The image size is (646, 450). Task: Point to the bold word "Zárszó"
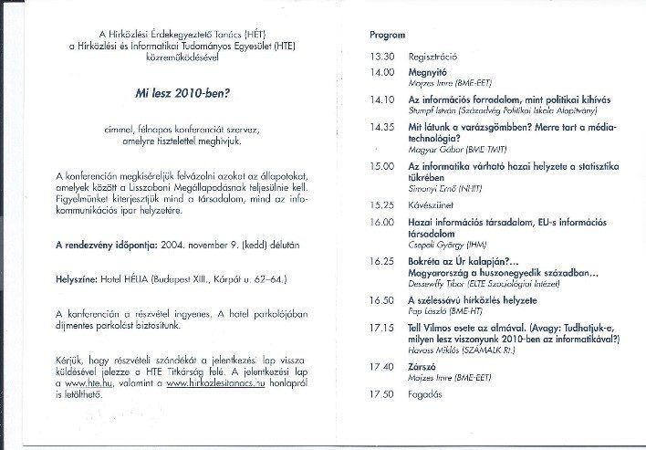click(424, 368)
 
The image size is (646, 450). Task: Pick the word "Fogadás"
click(426, 394)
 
